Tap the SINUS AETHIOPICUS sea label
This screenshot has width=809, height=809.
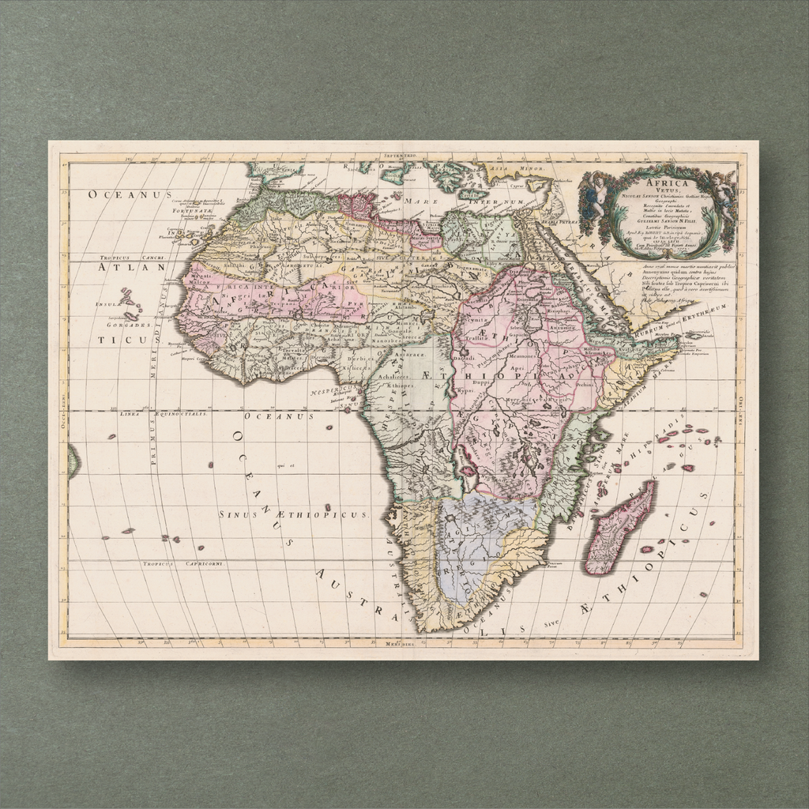click(292, 514)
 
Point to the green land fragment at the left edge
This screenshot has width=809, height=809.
click(73, 461)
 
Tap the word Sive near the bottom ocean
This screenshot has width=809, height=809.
click(551, 622)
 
